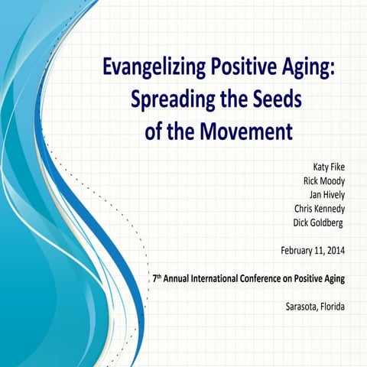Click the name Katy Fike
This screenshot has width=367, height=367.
click(x=327, y=167)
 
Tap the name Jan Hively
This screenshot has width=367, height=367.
click(x=325, y=194)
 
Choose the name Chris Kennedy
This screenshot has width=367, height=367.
click(x=319, y=208)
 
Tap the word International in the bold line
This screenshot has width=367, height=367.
click(x=222, y=278)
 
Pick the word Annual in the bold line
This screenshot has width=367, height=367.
click(x=179, y=278)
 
